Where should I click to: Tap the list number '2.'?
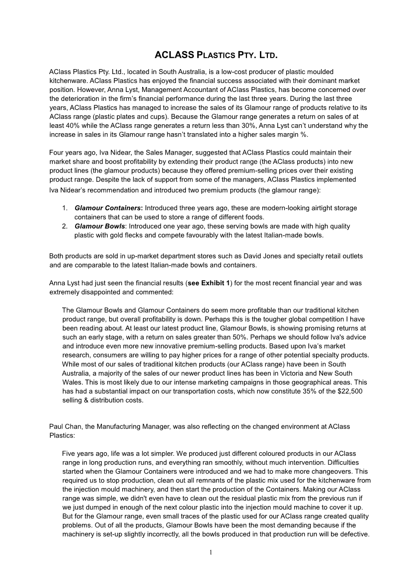[x=65, y=226]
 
